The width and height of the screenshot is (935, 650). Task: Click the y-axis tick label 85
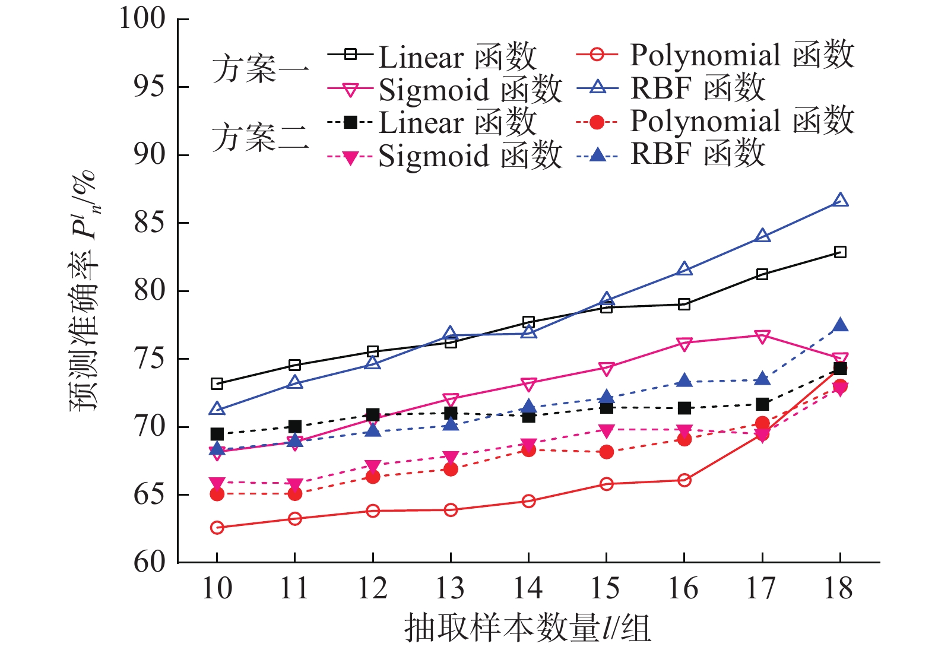[149, 223]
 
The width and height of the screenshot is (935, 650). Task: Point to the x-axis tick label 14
[528, 588]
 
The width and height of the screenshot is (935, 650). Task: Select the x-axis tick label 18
[839, 588]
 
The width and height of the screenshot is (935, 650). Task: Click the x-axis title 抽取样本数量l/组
[528, 628]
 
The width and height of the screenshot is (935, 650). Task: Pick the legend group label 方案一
[261, 69]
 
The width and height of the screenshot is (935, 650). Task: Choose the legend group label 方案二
[261, 138]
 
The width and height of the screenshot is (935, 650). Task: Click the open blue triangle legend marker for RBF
[598, 88]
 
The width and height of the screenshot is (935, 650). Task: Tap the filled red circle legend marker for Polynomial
[598, 122]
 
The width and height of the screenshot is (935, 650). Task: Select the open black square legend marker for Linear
[350, 55]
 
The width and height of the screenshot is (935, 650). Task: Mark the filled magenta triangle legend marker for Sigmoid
[350, 157]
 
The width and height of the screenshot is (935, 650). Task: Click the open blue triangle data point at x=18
[840, 200]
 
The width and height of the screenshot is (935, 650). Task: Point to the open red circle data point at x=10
[217, 527]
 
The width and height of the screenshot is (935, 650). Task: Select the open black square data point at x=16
[684, 305]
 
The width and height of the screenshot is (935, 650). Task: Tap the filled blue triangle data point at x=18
[840, 325]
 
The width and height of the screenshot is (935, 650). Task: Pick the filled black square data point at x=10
[217, 434]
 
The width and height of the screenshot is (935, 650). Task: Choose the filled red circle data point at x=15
[606, 452]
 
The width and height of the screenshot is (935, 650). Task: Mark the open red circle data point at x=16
[684, 480]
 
